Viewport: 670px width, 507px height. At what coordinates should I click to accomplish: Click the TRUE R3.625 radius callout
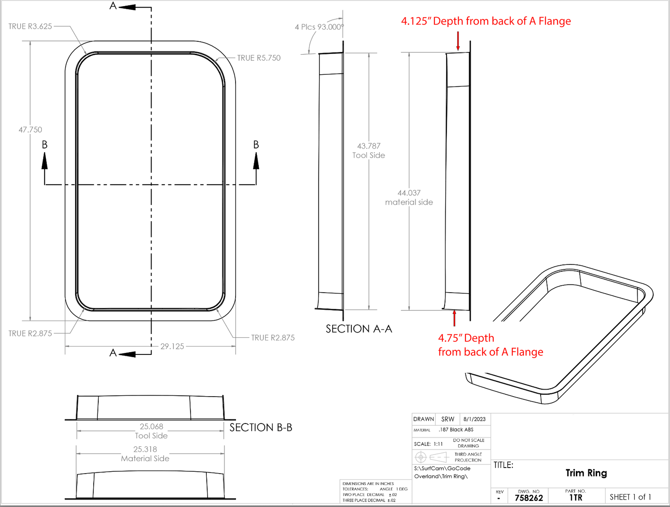tap(30, 26)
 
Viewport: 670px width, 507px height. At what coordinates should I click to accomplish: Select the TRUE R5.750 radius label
tap(259, 58)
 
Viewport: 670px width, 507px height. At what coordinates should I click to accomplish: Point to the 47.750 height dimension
tap(30, 130)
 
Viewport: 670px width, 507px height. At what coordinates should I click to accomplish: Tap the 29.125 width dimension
tap(172, 346)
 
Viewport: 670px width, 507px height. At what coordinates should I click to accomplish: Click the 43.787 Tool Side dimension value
tap(369, 146)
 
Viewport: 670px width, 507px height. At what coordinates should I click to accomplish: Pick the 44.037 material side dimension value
tap(409, 193)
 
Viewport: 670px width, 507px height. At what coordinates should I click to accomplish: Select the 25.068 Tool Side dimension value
tap(151, 426)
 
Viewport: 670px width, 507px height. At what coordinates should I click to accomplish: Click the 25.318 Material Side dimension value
tap(145, 449)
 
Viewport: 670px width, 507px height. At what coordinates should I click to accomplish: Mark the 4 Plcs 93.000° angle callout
tap(319, 27)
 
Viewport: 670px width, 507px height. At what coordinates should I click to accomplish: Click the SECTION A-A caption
tap(359, 329)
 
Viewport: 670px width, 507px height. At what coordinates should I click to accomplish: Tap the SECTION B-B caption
tap(261, 427)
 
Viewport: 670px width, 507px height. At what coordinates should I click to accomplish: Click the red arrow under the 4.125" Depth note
tap(458, 41)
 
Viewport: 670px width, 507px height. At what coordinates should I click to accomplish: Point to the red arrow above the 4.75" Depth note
tap(454, 318)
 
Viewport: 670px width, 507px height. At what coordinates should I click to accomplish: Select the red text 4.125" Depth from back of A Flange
tap(486, 21)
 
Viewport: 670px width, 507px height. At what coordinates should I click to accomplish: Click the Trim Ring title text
tap(586, 473)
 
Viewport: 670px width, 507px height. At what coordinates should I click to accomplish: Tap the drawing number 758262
tap(529, 498)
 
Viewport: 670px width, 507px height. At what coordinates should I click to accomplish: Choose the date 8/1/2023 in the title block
tap(474, 419)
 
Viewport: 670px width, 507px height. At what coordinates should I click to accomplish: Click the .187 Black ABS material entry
tap(456, 430)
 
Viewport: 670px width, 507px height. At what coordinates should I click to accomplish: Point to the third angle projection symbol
tap(431, 457)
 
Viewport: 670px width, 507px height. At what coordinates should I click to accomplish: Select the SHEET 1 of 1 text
tap(630, 497)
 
